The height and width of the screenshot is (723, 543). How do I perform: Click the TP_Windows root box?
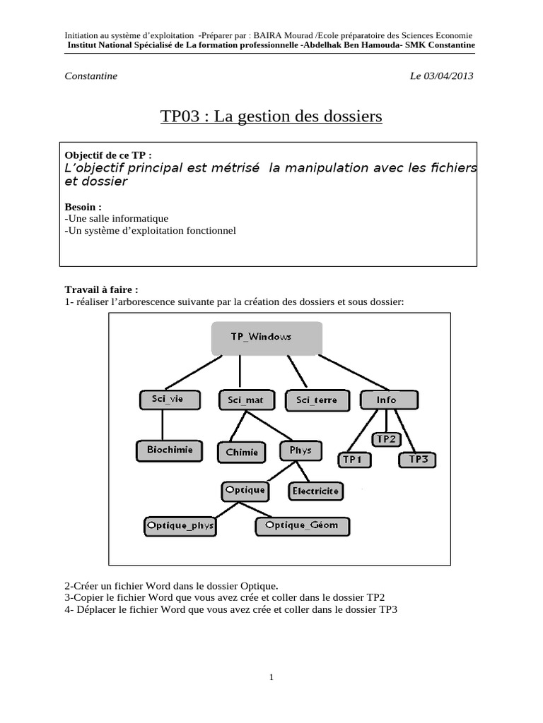[x=267, y=337]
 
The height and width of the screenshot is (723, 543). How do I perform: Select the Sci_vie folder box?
[x=167, y=399]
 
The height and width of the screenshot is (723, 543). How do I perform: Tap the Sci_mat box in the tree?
[x=245, y=400]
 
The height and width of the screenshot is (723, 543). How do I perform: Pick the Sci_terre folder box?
[x=316, y=400]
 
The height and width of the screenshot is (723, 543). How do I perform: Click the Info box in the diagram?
[x=387, y=399]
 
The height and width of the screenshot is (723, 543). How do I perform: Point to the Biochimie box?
[x=170, y=450]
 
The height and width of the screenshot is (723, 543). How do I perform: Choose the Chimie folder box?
[x=242, y=452]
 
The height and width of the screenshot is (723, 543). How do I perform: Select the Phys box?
[x=300, y=450]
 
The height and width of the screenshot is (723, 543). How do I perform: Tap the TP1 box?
[x=352, y=460]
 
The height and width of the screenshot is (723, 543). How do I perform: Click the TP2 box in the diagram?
[x=386, y=439]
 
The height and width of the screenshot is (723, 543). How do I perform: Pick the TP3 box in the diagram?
[x=419, y=460]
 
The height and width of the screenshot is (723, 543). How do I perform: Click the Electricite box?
[x=315, y=490]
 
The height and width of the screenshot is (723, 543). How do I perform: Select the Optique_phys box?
[x=180, y=526]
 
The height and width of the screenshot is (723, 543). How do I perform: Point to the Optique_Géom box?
[x=302, y=525]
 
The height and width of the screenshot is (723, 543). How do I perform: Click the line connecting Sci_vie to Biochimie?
[x=163, y=425]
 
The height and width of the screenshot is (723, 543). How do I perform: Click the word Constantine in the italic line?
[x=91, y=76]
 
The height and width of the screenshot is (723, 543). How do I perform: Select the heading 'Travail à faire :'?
[x=102, y=290]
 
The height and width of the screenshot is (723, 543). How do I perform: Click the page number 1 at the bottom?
[x=271, y=678]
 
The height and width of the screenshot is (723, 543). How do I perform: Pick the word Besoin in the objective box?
[x=81, y=208]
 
